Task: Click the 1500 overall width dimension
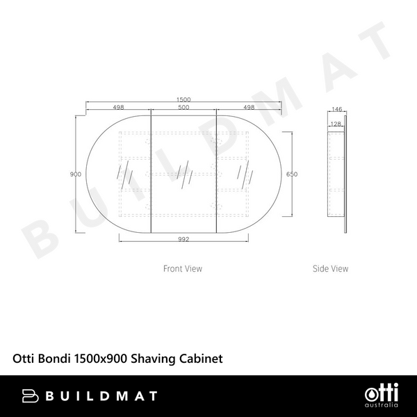pos(184,99)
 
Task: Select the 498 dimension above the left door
pos(118,107)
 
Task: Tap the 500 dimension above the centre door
pos(184,107)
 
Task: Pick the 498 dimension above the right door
pos(249,107)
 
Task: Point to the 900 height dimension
pos(76,174)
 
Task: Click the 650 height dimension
pos(292,174)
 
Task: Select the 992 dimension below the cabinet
pos(183,238)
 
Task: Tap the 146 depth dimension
pos(337,109)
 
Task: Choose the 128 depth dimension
pos(336,124)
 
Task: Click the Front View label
pos(183,268)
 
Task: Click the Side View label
pos(330,268)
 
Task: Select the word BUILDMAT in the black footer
pos(103,396)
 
